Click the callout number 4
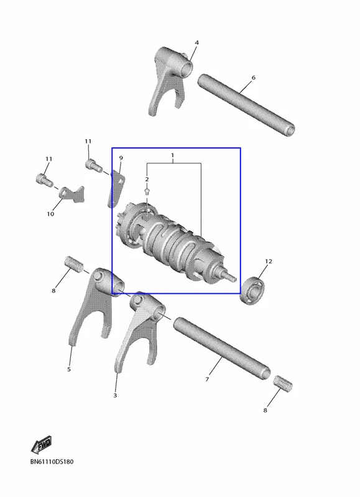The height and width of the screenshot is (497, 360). (x=196, y=42)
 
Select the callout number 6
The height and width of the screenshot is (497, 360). (x=253, y=77)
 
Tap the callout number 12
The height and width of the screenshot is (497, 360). (x=269, y=261)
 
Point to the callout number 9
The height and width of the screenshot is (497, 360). (x=121, y=158)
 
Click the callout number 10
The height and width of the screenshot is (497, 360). (x=50, y=214)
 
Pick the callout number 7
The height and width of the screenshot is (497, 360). (x=207, y=379)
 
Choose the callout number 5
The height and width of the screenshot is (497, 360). (x=69, y=369)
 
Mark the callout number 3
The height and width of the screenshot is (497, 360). (x=115, y=395)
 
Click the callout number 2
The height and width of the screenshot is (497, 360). (x=147, y=180)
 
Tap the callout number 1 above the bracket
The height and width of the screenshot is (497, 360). (x=173, y=155)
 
